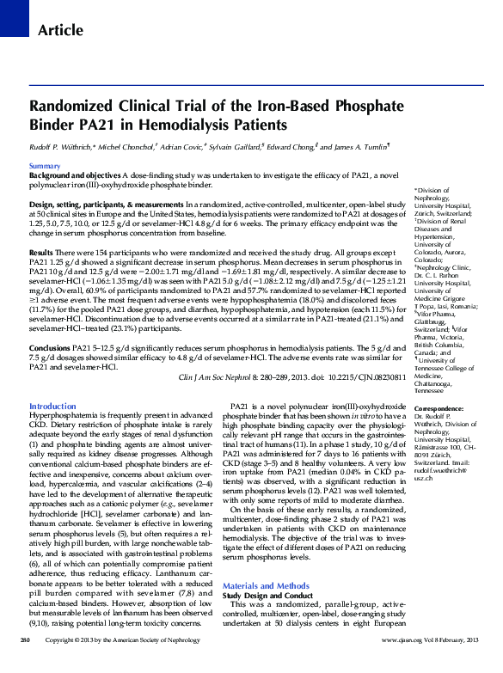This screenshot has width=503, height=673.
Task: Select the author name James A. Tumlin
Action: coord(353,147)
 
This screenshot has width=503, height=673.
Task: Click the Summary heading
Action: coord(45,165)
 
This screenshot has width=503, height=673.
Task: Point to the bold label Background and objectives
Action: coord(73,174)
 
